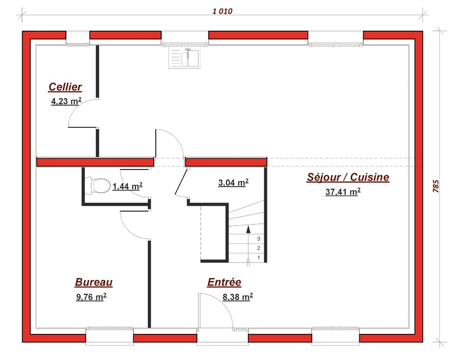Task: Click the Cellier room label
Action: point(65,87)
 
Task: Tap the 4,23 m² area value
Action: point(66,101)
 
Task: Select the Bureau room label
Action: point(94,282)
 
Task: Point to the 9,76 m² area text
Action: point(91,297)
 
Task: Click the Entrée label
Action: point(224,282)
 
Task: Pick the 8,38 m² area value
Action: point(237,297)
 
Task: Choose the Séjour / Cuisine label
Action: point(348,177)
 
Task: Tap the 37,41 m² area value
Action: point(343,192)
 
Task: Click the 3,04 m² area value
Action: point(233,183)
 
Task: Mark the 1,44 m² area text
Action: point(127,186)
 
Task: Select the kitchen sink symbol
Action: point(184,58)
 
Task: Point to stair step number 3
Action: point(259,239)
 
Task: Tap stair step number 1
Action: point(259,258)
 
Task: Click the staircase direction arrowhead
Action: point(248,229)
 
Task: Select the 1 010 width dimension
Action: point(222,11)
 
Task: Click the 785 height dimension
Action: point(436,186)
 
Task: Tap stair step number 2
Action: point(259,248)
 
